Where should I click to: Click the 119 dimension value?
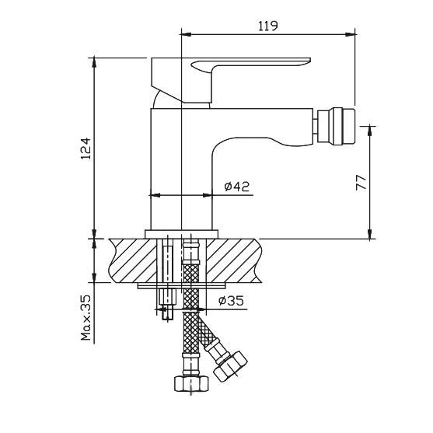tap(268, 26)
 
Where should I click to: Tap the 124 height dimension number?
tap(86, 149)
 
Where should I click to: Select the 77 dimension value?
tap(361, 182)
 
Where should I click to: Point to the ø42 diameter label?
tap(237, 187)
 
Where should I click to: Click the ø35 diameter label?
tap(232, 301)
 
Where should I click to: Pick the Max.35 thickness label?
tap(86, 318)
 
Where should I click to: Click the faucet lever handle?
tap(231, 80)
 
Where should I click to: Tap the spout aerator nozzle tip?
tap(336, 126)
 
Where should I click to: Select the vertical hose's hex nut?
tap(191, 383)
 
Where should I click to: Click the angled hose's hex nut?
tap(230, 366)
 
